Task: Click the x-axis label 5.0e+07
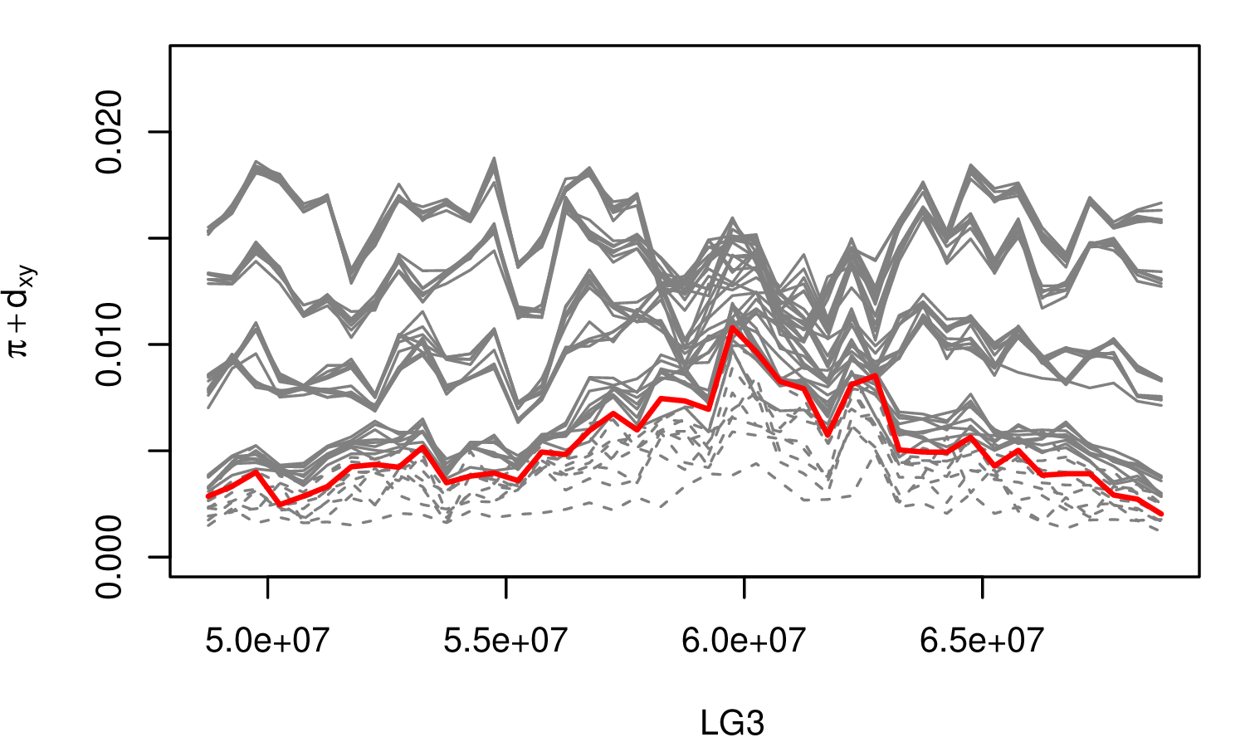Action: pyautogui.click(x=267, y=641)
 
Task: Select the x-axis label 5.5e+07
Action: pyautogui.click(x=505, y=641)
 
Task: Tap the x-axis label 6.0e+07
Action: pyautogui.click(x=744, y=641)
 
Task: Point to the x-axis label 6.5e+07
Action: pyautogui.click(x=982, y=641)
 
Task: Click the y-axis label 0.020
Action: pyautogui.click(x=110, y=132)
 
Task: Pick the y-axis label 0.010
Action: pyautogui.click(x=110, y=344)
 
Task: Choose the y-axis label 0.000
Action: pyautogui.click(x=110, y=556)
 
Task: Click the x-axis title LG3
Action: pyautogui.click(x=731, y=724)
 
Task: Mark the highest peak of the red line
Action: pyautogui.click(x=732, y=327)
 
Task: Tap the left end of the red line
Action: pyautogui.click(x=208, y=496)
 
